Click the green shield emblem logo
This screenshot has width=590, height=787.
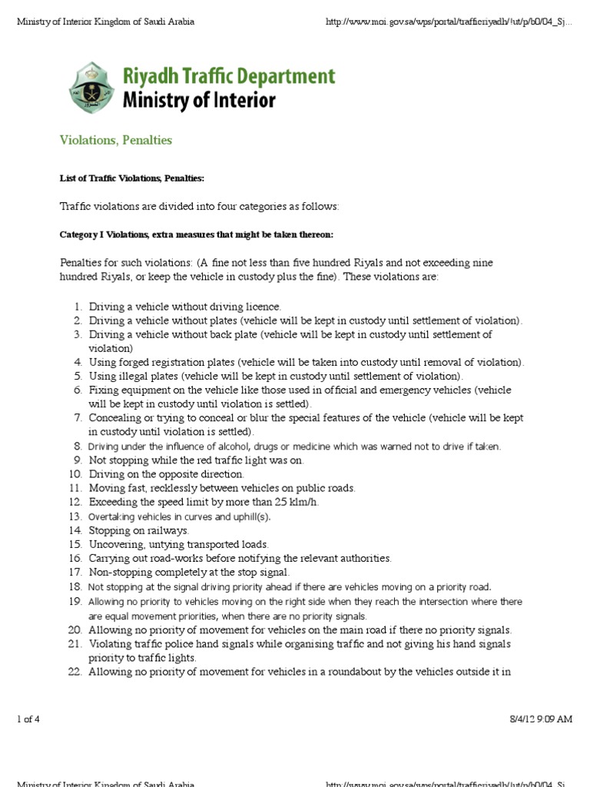tap(92, 89)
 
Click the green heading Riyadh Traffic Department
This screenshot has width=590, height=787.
tap(229, 77)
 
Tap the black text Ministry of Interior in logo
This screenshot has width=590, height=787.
tap(200, 101)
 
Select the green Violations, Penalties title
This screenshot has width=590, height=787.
tap(116, 141)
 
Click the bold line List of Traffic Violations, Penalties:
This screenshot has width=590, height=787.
tap(132, 178)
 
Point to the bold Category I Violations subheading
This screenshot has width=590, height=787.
tap(197, 234)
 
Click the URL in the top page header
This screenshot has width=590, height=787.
tap(449, 22)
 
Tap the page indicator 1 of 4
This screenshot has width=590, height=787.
tap(28, 719)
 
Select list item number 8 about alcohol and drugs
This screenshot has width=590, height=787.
tap(294, 447)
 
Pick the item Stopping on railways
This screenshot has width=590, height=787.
tap(139, 530)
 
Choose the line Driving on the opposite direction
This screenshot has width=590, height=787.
tap(166, 474)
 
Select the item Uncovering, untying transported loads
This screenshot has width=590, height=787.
tap(178, 543)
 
